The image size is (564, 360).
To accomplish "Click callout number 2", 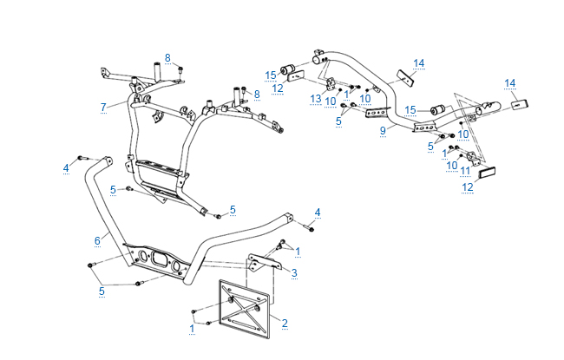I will (285, 323).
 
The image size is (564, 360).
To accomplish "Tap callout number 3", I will (294, 273).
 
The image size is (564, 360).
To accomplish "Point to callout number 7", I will (102, 107).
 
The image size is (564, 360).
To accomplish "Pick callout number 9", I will (382, 131).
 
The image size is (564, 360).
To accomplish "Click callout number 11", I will (465, 170).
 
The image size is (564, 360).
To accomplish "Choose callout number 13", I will (316, 100).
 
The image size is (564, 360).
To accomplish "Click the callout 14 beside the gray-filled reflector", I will (510, 83).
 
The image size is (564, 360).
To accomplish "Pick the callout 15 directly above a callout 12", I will (271, 74).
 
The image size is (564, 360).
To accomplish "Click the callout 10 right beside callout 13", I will (330, 101).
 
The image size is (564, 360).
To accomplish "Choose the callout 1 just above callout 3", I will (298, 252).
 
